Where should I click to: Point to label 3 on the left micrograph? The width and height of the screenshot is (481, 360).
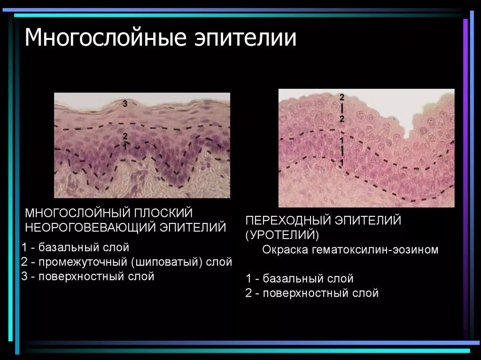click(125, 103)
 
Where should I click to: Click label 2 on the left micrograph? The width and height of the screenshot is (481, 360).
click(124, 136)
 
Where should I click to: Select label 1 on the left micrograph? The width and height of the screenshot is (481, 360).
click(124, 146)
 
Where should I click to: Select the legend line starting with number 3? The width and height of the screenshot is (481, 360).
click(88, 276)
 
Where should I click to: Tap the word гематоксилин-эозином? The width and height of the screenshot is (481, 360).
click(374, 249)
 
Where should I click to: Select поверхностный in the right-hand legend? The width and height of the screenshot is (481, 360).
click(306, 293)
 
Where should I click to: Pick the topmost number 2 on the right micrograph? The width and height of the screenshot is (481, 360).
click(342, 97)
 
